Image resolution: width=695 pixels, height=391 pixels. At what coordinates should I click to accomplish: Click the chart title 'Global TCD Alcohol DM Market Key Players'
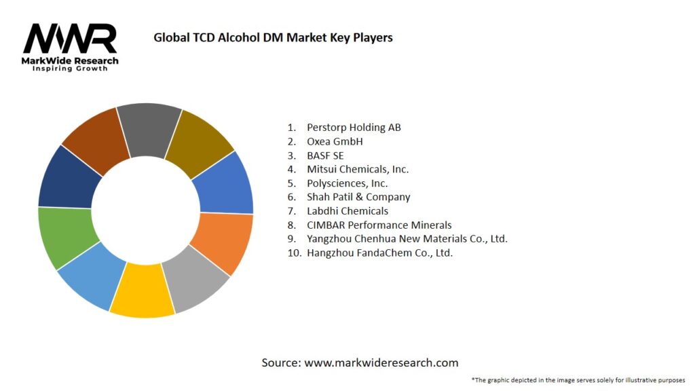tap(273, 37)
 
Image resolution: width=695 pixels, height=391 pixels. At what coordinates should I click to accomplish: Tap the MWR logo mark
tap(70, 39)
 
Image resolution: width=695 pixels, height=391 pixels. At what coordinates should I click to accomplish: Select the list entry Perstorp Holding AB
tap(354, 127)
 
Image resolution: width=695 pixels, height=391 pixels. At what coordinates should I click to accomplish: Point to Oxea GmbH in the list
tap(335, 141)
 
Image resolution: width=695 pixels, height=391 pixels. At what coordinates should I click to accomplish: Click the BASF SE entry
tap(325, 155)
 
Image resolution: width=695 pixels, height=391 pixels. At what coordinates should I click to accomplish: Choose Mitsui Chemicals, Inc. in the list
tap(358, 169)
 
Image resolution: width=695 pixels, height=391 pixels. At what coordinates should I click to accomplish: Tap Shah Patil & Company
tap(358, 197)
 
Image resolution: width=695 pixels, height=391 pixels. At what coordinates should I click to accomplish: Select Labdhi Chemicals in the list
tap(347, 211)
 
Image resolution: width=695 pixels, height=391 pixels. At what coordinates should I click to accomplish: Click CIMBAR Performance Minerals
tap(379, 225)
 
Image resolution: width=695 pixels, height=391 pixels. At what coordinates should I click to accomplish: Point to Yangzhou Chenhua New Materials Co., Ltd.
tap(407, 239)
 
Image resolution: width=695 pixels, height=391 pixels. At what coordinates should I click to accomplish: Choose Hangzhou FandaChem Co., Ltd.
tap(379, 253)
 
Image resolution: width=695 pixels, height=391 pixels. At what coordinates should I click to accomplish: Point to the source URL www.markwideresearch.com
tap(381, 362)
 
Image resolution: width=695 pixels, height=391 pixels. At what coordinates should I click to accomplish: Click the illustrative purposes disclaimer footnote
tap(578, 379)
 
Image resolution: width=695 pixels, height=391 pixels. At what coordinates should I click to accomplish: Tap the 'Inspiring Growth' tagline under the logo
tap(70, 69)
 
